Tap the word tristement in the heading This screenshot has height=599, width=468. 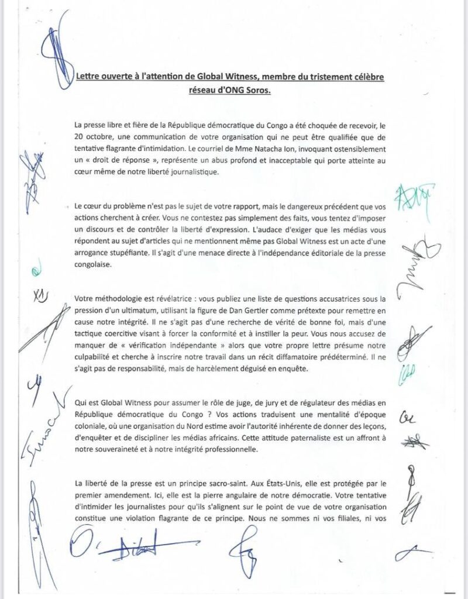click(x=320, y=78)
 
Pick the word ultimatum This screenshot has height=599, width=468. click(x=135, y=310)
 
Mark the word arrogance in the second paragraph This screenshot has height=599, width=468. click(x=96, y=253)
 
